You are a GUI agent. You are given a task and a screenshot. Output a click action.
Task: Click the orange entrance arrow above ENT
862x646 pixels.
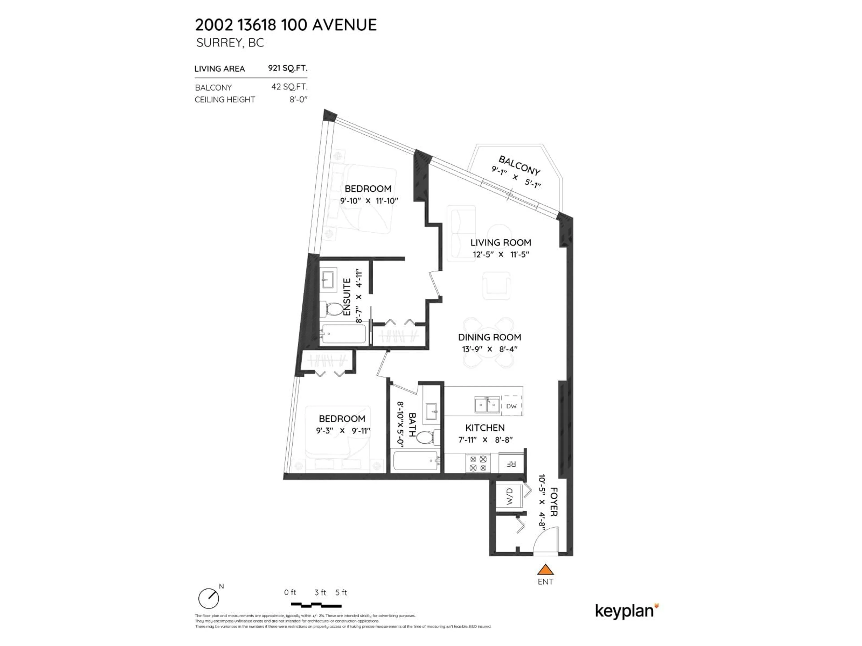545,570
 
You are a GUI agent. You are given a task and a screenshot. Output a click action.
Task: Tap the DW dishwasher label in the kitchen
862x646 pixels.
511,406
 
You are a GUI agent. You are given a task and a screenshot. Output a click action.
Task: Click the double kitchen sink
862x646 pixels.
487,405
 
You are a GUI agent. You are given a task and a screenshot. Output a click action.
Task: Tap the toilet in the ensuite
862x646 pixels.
334,310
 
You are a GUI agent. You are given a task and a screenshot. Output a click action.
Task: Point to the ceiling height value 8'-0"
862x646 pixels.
298,100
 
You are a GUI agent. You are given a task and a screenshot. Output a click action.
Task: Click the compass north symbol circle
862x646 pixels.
209,598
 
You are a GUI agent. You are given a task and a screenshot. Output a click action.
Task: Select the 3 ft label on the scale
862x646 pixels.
320,592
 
